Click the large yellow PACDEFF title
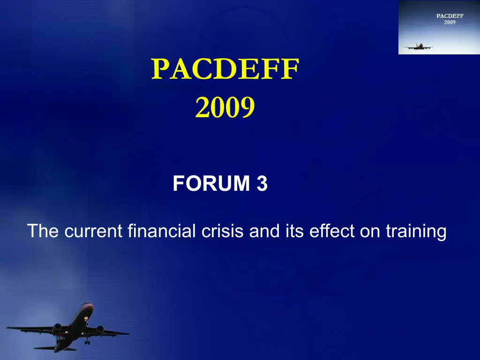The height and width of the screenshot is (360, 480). click(x=225, y=69)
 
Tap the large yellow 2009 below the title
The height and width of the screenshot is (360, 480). click(x=225, y=107)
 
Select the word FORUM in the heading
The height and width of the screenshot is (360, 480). click(x=211, y=183)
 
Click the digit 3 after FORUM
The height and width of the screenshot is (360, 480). click(x=262, y=183)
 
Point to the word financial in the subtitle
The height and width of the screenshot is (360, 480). click(x=162, y=231)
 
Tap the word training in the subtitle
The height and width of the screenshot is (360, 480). click(x=416, y=232)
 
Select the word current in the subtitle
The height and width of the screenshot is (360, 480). click(x=93, y=231)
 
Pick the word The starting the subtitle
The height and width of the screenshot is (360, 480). click(x=43, y=231)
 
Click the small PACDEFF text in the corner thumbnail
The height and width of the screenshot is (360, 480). click(x=450, y=16)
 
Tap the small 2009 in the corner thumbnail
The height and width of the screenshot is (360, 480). click(x=450, y=22)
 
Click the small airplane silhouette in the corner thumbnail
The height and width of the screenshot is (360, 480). click(x=418, y=47)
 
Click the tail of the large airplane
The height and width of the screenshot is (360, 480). click(x=55, y=348)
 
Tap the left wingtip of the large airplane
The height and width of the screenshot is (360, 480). click(x=8, y=328)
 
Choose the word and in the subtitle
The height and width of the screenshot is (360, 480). click(x=264, y=231)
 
